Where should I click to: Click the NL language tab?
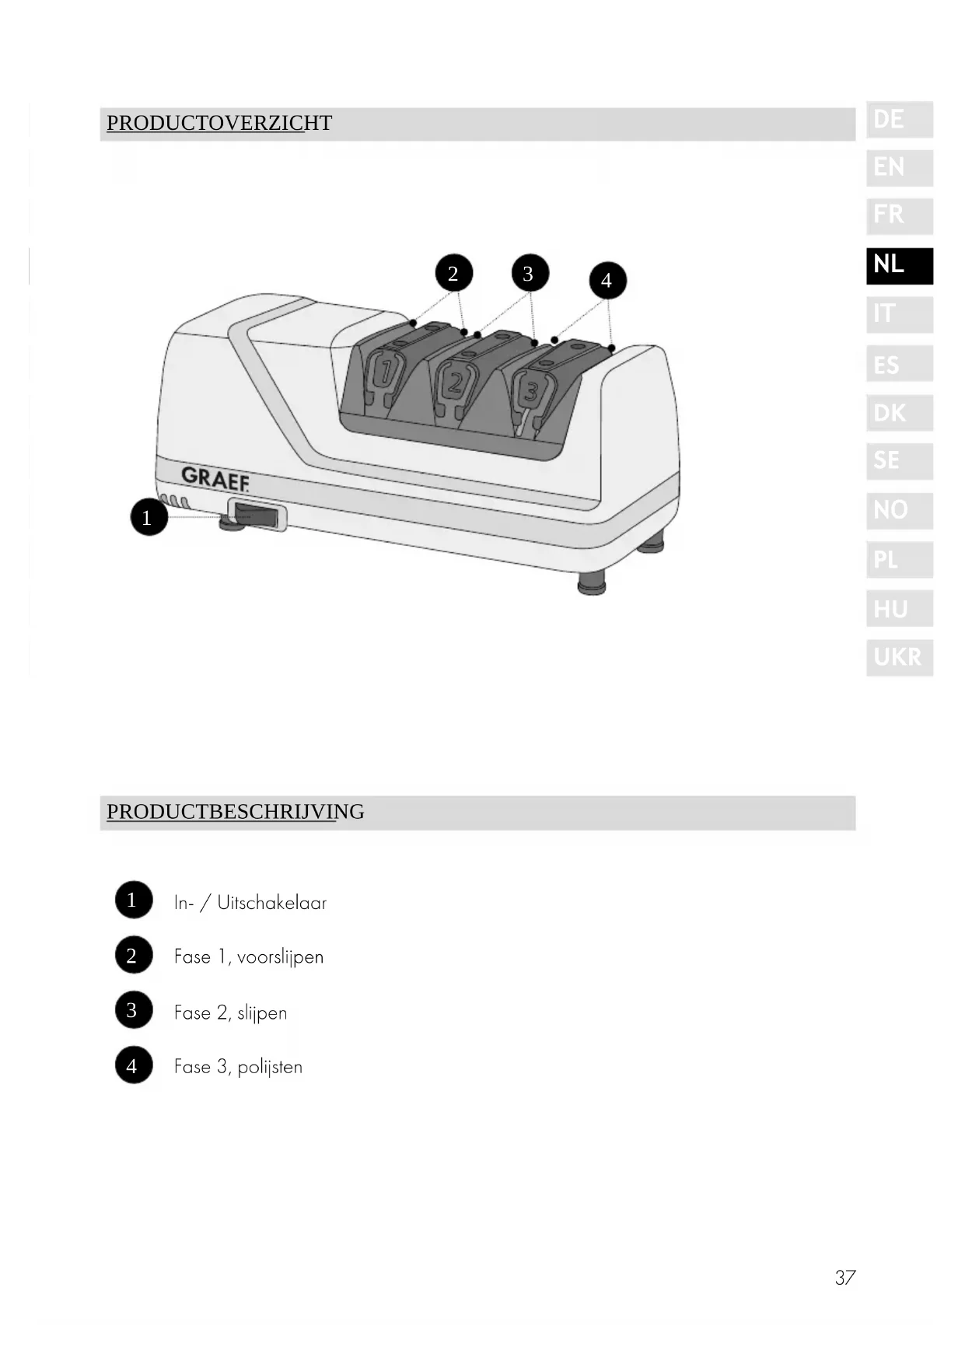899,265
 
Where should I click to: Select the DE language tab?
899,120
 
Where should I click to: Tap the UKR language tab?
899,657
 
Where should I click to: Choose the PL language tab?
899,559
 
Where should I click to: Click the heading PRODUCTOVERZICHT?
219,124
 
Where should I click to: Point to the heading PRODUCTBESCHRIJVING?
235,812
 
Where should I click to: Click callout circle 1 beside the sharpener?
147,517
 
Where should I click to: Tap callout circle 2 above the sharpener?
453,273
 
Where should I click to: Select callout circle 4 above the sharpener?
607,280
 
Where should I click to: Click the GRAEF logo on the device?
215,478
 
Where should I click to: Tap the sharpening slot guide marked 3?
532,390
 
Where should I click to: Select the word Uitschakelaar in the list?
271,904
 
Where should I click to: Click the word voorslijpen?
280,957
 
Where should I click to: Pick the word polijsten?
270,1067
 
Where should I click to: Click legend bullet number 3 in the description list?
133,1010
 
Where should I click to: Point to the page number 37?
844,1278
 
